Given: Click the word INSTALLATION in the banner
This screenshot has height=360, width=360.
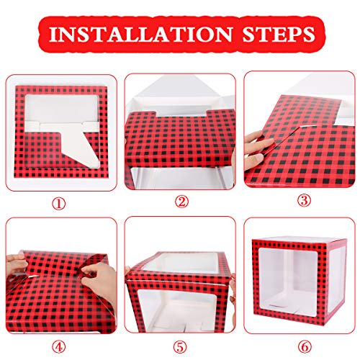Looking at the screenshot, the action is point(141,34).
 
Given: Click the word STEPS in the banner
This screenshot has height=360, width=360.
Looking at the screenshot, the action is point(279,34).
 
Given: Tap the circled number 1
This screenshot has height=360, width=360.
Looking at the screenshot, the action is point(59,204).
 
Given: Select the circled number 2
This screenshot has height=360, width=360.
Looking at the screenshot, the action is point(181,202).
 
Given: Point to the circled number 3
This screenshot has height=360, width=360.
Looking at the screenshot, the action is point(304,200).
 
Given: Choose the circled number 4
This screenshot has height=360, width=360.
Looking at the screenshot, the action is point(59,347).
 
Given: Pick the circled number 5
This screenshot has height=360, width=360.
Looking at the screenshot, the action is point(180,347).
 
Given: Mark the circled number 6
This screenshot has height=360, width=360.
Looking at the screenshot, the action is point(305,347).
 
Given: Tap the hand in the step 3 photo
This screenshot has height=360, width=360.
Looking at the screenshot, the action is point(257,150).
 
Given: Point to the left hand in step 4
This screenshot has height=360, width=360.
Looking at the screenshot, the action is point(16,264).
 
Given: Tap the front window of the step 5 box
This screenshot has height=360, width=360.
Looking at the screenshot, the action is point(178,310).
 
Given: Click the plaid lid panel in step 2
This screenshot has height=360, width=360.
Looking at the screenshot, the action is point(180,138).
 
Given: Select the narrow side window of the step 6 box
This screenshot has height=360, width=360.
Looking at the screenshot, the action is point(334,279).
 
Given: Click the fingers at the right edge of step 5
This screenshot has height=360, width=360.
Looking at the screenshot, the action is point(232,290).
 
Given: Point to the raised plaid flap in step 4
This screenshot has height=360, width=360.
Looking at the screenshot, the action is point(65,264).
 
